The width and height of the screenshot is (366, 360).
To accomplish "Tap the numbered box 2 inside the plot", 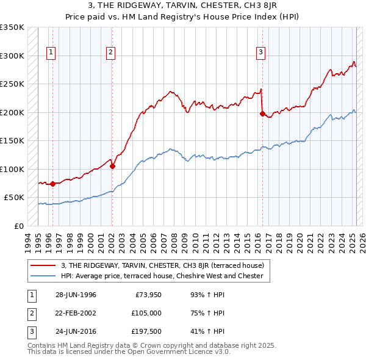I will pyautogui.click(x=110, y=53).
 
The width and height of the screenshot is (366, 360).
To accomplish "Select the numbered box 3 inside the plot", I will pyautogui.click(x=260, y=53).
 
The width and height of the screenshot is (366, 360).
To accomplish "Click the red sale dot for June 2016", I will pyautogui.click(x=262, y=113).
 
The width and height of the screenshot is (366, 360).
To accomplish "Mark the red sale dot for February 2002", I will pyautogui.click(x=112, y=166).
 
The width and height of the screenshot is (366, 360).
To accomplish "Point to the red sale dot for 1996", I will pyautogui.click(x=52, y=183).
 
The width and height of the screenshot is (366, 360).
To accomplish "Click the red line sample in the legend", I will pyautogui.click(x=44, y=265).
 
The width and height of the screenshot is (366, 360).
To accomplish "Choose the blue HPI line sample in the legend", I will pyautogui.click(x=44, y=276).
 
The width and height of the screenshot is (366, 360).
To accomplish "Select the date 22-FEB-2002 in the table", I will pyautogui.click(x=76, y=313).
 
